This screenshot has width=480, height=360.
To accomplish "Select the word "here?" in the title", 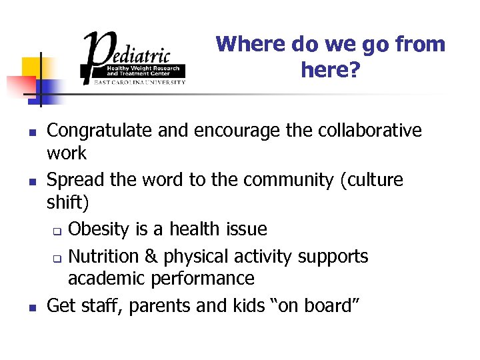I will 330,69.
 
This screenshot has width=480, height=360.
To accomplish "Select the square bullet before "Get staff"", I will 32,307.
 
